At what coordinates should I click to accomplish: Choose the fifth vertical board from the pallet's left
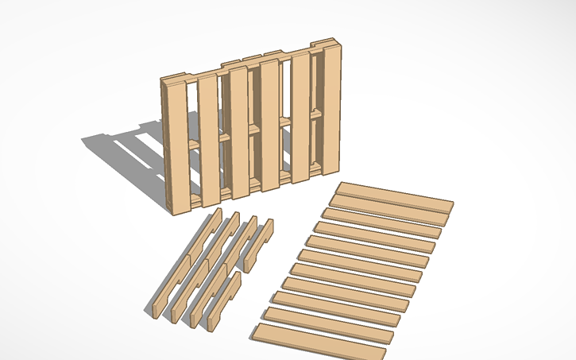[x=301, y=119]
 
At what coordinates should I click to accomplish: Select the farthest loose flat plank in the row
[x=395, y=195]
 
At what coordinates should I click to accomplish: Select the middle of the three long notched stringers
[x=203, y=270]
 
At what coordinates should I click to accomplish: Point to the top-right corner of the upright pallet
[x=340, y=45]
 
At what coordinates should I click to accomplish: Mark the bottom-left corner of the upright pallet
[x=175, y=213]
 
